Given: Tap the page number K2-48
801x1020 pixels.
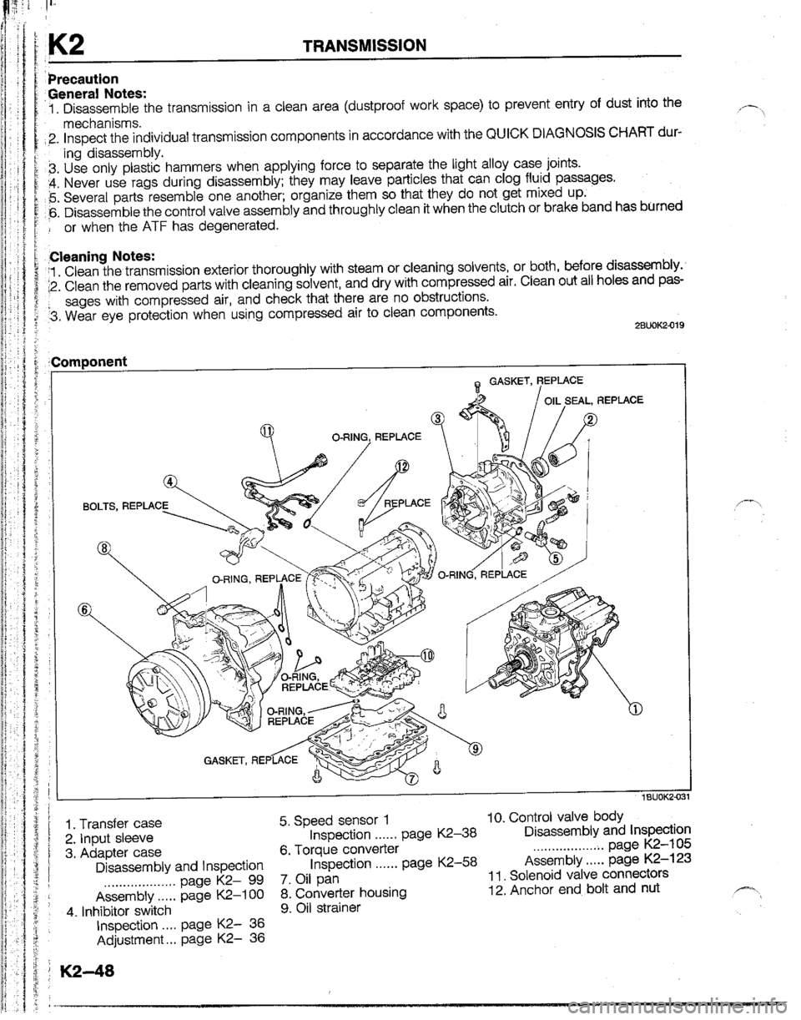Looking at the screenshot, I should (x=80, y=974).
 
